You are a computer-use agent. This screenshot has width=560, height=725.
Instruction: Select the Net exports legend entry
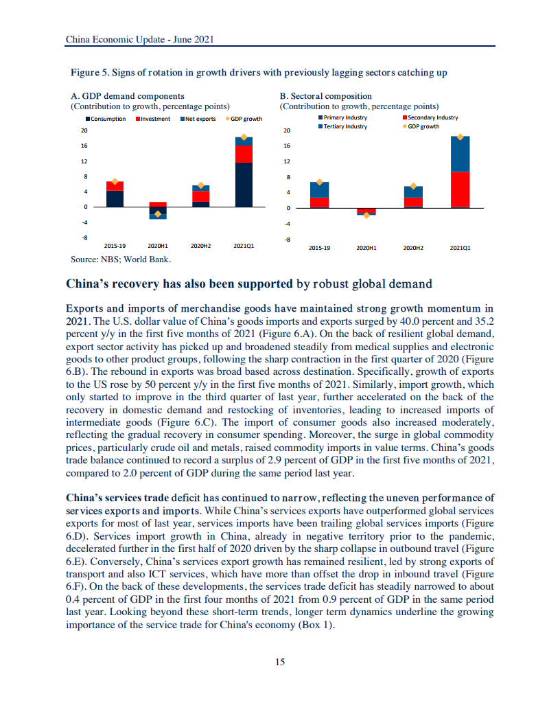pyautogui.click(x=200, y=119)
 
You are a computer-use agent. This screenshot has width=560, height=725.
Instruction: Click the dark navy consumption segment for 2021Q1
pyautogui.click(x=244, y=185)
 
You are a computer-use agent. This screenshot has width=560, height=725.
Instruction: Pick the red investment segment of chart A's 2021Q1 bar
pyautogui.click(x=244, y=154)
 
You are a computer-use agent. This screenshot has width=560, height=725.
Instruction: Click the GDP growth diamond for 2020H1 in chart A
pyautogui.click(x=158, y=214)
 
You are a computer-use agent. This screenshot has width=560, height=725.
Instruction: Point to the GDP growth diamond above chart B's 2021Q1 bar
pyautogui.click(x=460, y=137)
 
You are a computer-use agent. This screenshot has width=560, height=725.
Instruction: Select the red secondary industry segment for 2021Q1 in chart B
pyautogui.click(x=460, y=189)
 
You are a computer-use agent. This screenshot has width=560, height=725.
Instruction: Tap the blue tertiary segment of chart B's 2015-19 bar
pyautogui.click(x=319, y=189)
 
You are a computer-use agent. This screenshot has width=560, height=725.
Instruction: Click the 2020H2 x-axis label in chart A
pyautogui.click(x=200, y=245)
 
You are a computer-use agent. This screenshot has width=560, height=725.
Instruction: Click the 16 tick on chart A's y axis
pyautogui.click(x=84, y=146)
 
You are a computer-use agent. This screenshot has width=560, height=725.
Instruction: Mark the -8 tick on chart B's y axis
pyautogui.click(x=288, y=240)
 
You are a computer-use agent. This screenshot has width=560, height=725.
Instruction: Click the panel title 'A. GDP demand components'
pyautogui.click(x=128, y=96)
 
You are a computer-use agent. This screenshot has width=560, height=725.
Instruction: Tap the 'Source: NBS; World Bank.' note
pyautogui.click(x=121, y=260)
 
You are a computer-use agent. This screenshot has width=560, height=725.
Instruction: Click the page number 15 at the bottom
pyautogui.click(x=279, y=662)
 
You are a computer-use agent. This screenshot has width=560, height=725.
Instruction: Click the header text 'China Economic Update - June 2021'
pyautogui.click(x=139, y=40)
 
